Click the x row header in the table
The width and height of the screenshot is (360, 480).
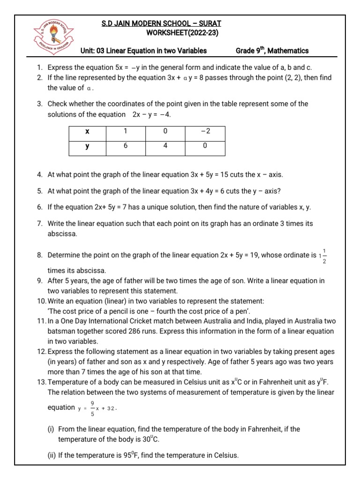[x=87, y=132]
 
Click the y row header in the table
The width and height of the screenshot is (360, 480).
[x=87, y=147]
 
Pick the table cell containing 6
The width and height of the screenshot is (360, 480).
[x=125, y=147]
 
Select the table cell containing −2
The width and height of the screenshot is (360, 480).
[x=205, y=132]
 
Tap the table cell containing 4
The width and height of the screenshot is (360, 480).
[x=165, y=147]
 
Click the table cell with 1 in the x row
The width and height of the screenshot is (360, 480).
[x=125, y=132]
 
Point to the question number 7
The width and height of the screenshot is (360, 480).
[x=39, y=224]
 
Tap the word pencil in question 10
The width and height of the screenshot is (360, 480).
[x=129, y=310]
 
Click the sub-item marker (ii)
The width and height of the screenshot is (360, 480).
[x=52, y=455]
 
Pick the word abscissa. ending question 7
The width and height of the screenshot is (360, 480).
[x=62, y=234]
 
